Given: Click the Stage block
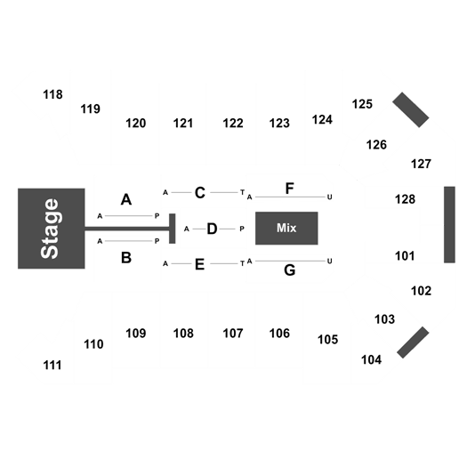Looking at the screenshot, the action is click(52, 229).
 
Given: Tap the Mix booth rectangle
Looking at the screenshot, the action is click(286, 228).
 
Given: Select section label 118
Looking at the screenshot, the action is click(53, 94).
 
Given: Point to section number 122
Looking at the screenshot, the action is click(233, 124).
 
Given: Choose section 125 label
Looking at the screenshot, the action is click(362, 104).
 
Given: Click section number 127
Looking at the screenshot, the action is click(421, 164).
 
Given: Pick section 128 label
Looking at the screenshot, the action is click(405, 199).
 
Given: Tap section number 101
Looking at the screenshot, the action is click(405, 256).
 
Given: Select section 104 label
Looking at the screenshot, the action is click(371, 359).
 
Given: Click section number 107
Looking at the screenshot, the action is click(233, 334).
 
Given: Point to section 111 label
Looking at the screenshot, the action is click(52, 365).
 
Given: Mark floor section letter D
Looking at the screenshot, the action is click(212, 229).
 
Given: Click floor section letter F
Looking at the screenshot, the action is click(289, 189).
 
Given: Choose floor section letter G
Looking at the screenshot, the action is click(290, 270).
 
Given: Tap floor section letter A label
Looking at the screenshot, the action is click(126, 199).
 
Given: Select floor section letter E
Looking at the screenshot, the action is click(199, 264).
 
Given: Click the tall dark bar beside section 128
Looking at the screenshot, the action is click(449, 224).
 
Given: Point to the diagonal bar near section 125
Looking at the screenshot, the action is click(411, 109).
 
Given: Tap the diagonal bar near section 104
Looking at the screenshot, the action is click(413, 342).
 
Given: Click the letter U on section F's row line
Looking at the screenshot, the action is click(329, 197).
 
